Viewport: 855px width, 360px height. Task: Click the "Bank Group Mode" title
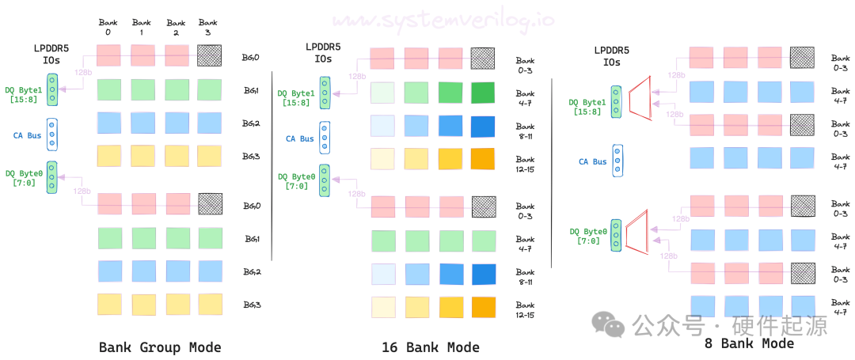(x=160, y=347)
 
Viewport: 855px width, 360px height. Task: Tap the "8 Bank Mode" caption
(x=748, y=343)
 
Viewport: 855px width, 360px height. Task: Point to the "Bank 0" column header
(x=108, y=27)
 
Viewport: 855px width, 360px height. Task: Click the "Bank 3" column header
(x=208, y=27)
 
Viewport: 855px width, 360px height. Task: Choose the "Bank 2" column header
(x=175, y=27)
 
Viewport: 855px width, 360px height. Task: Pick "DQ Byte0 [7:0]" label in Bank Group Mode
(x=24, y=178)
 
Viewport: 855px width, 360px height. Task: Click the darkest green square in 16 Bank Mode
(x=482, y=93)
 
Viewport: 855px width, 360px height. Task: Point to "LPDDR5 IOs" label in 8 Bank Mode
(x=611, y=57)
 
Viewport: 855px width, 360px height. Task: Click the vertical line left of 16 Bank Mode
(x=272, y=166)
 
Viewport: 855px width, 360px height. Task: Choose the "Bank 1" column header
(x=142, y=27)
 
